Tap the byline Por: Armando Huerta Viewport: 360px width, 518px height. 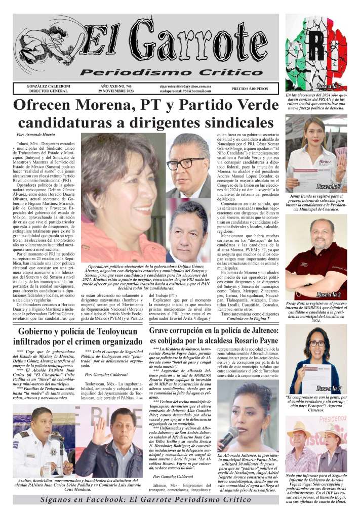[x=36, y=135]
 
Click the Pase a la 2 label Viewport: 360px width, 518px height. [x=328, y=294]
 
